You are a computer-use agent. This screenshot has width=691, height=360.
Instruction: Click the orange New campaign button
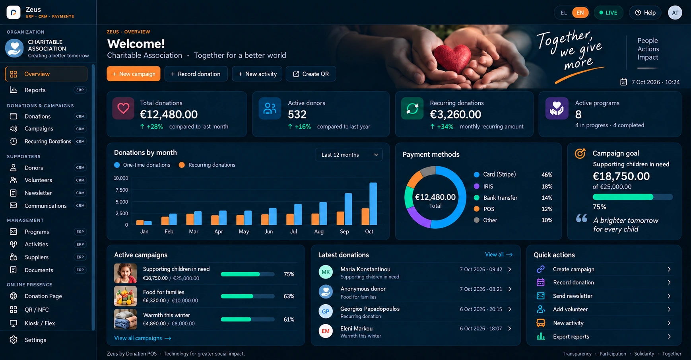click(x=134, y=74)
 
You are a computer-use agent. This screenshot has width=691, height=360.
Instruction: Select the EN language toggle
click(x=580, y=13)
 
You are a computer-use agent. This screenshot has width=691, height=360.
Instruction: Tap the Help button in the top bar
click(x=645, y=13)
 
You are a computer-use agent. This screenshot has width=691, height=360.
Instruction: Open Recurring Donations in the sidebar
click(x=47, y=141)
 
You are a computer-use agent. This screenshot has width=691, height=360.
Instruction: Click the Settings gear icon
click(x=14, y=340)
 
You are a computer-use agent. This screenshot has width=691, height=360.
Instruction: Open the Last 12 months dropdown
click(x=349, y=155)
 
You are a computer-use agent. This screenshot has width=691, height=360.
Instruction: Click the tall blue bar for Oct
click(x=373, y=204)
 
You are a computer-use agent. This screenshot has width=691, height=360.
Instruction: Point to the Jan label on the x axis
click(x=144, y=232)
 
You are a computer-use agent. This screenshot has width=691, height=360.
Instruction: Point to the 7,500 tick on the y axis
click(x=121, y=190)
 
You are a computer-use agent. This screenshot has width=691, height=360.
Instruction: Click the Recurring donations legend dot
click(x=182, y=165)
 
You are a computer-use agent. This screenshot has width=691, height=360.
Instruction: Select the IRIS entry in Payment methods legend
click(x=488, y=187)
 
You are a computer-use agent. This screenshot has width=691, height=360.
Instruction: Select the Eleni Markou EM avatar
click(x=326, y=331)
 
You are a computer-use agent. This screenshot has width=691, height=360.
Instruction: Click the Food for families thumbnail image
click(x=125, y=296)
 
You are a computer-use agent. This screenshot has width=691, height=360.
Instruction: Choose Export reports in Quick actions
click(x=571, y=337)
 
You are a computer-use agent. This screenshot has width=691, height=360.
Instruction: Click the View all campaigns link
click(x=143, y=338)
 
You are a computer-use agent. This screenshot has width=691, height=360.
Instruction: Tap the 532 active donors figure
click(x=297, y=115)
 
